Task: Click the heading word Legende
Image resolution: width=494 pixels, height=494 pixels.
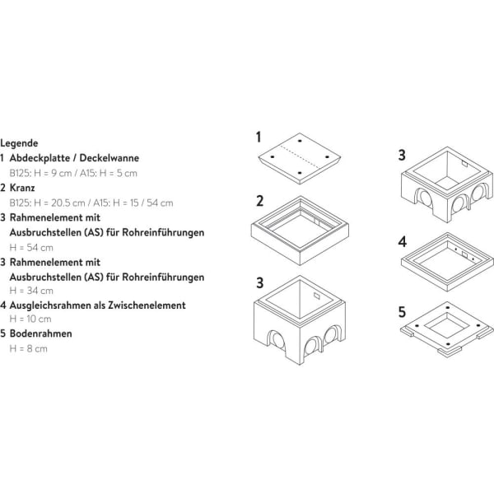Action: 19,142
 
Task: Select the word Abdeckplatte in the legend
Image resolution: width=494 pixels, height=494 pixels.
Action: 40,157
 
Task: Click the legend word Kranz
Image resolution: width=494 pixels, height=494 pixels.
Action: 23,187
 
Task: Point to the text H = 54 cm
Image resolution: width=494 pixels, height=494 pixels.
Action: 31,246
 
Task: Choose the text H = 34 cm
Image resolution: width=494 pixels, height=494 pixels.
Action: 31,290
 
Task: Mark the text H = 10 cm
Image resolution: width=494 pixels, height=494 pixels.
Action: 31,319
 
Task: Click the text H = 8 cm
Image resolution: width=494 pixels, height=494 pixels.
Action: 29,348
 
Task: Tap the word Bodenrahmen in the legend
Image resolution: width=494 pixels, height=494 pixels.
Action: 40,333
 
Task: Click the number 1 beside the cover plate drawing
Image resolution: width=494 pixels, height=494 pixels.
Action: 258,137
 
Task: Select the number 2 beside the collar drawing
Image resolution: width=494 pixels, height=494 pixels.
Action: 259,201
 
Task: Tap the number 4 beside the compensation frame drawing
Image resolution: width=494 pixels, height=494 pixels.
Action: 402,242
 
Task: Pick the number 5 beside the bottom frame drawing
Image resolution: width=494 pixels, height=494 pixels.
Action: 402,312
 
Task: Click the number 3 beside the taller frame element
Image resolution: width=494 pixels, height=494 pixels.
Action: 259,282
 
